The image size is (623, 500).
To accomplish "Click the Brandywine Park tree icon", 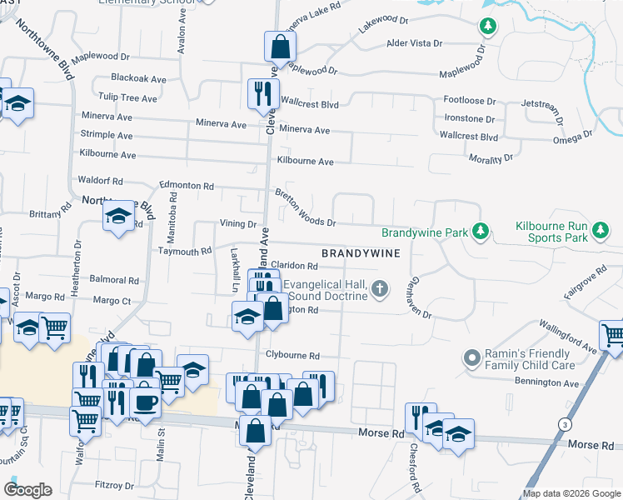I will [x=480, y=229].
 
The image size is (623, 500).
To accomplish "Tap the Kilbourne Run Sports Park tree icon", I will [x=599, y=229].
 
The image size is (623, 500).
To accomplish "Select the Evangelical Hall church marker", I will [x=380, y=289].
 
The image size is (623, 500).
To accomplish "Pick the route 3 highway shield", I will [x=566, y=425].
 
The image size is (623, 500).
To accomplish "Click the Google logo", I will [x=28, y=490].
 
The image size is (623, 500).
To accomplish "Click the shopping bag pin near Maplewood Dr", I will [x=280, y=46].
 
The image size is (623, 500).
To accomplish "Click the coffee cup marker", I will [x=146, y=400].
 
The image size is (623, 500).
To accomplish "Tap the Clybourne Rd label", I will [x=292, y=354].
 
